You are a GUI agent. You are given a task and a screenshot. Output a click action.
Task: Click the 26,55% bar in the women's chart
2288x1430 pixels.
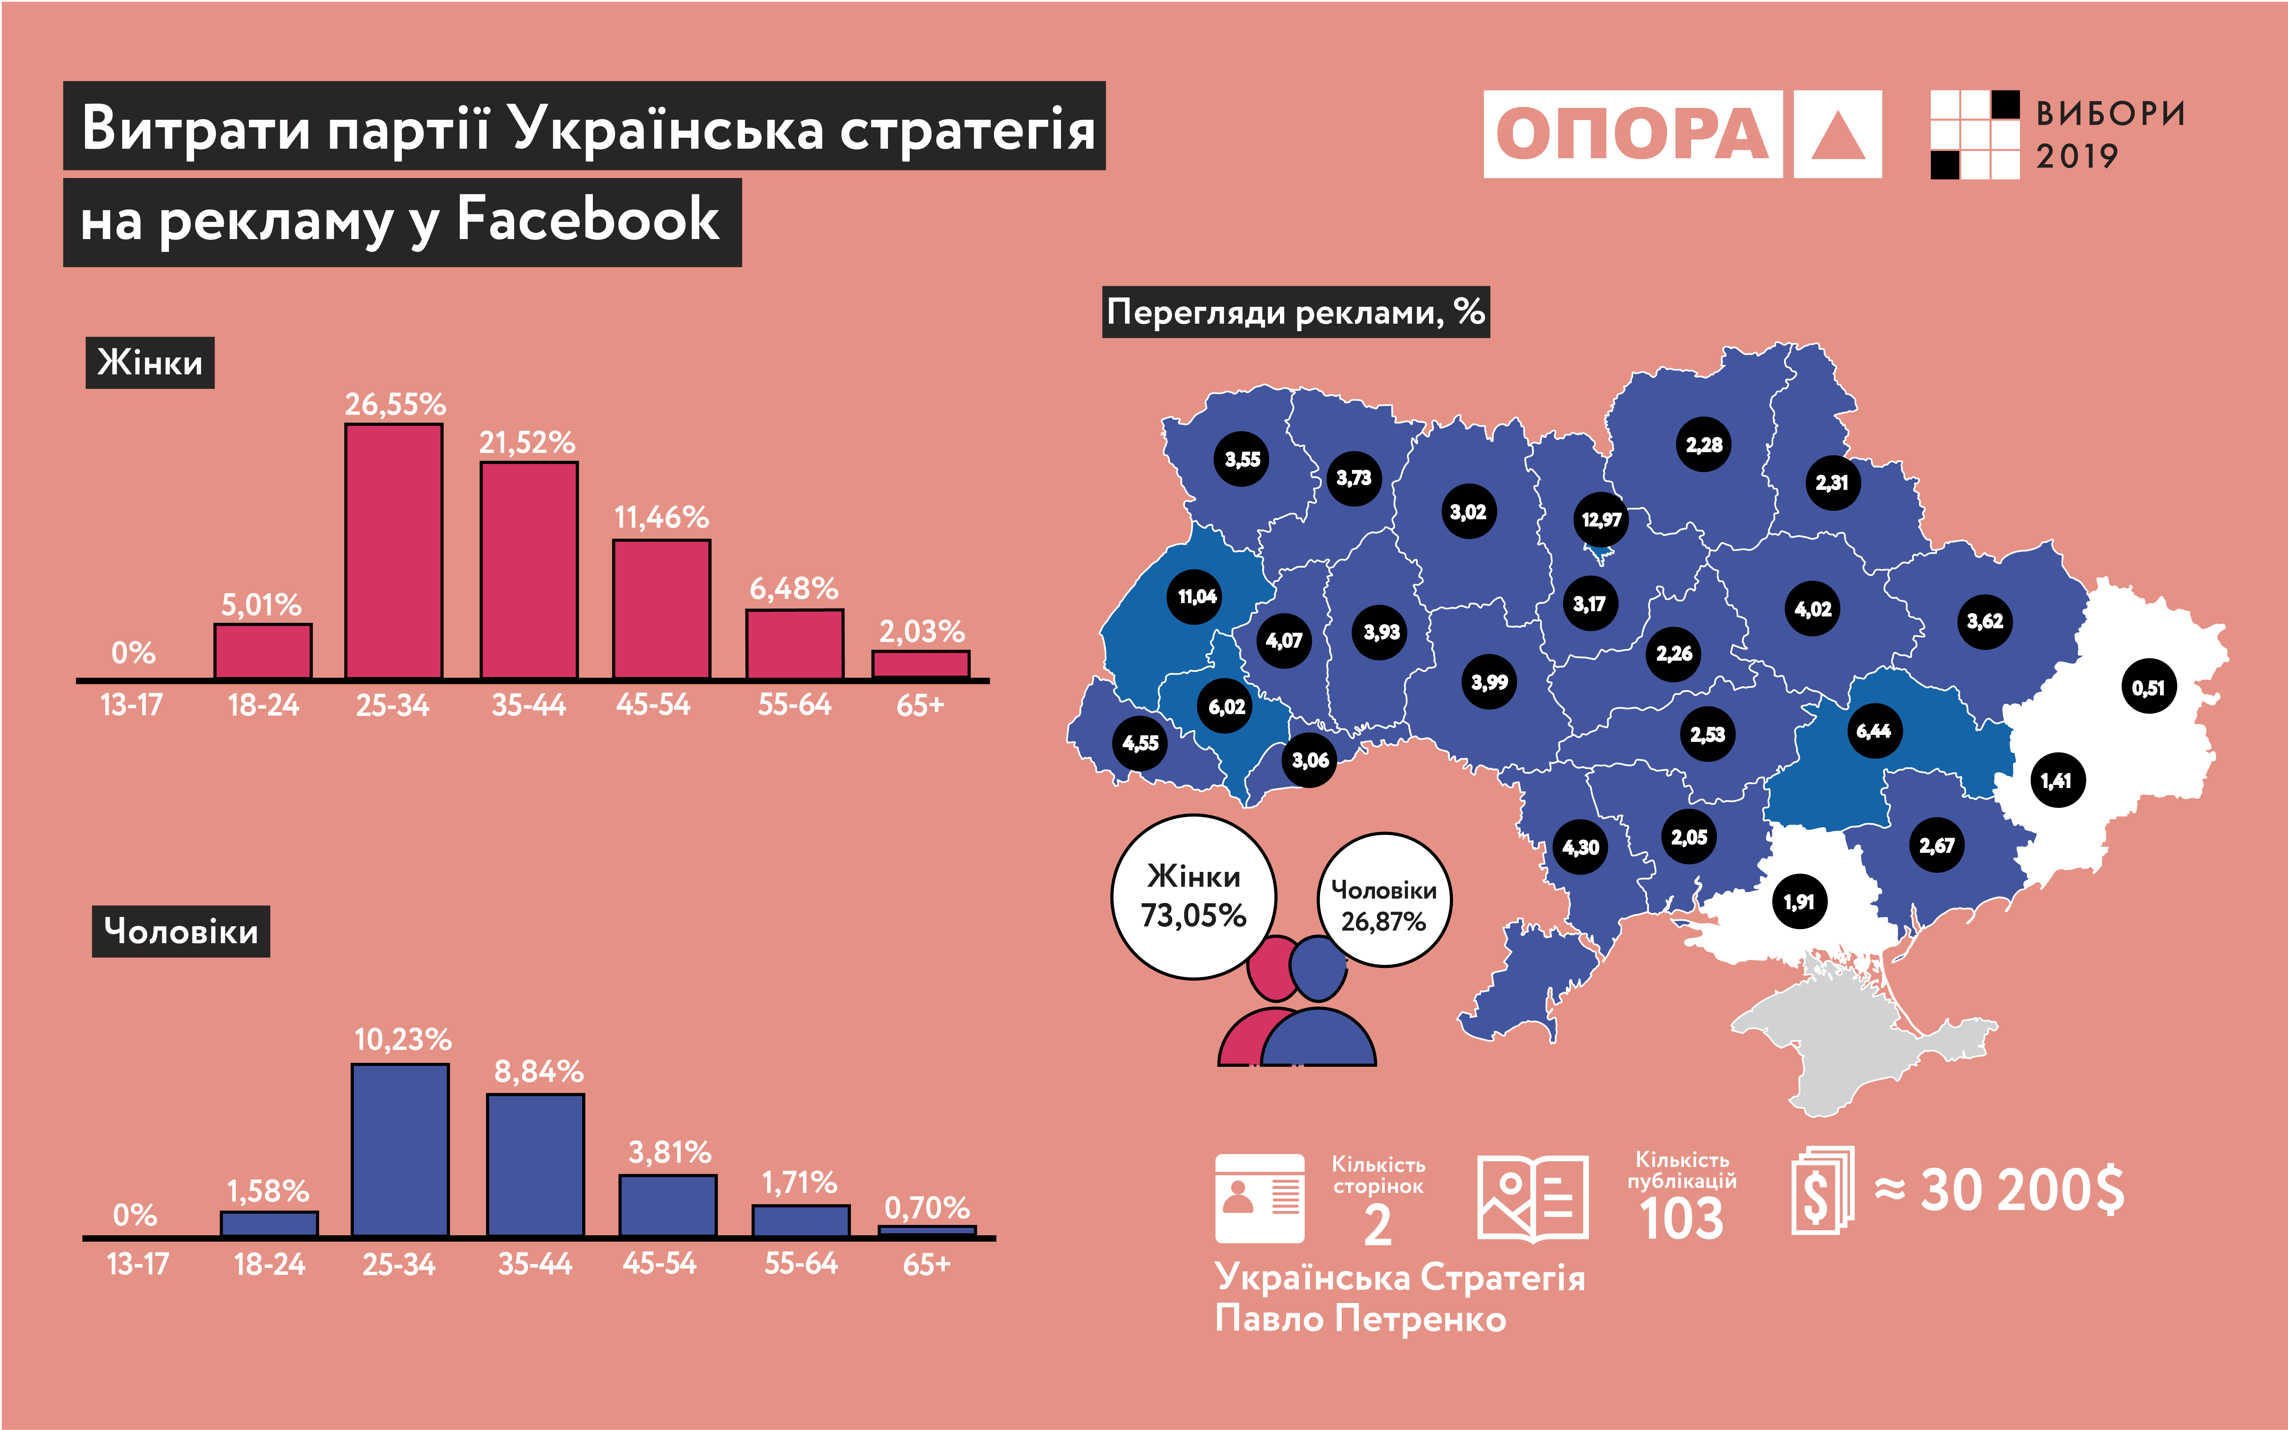pos(393,551)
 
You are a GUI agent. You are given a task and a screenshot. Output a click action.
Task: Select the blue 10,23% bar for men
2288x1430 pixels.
pos(400,1150)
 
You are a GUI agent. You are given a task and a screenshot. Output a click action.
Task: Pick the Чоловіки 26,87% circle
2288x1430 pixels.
pos(1384,899)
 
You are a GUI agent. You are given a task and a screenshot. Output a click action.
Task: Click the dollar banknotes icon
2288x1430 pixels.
pos(1822,1190)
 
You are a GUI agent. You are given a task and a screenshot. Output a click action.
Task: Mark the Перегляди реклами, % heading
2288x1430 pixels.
pos(1296,312)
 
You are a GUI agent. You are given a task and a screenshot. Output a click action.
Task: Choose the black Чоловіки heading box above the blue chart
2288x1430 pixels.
pos(181,932)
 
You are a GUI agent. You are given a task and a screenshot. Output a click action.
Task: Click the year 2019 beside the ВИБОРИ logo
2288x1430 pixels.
pos(2077,156)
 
